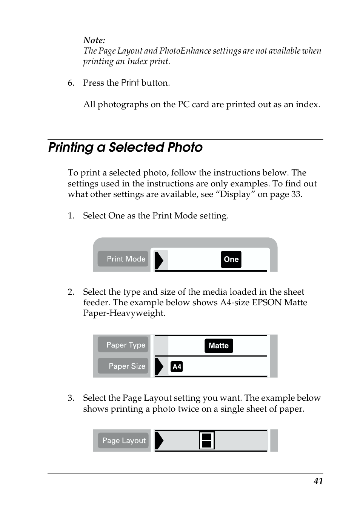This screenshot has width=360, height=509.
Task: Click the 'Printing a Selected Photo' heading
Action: coord(125,147)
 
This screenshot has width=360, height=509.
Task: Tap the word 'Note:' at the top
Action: coord(94,40)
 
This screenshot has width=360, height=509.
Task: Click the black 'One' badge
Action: coord(231,259)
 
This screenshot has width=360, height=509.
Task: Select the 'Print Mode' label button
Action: coord(123,259)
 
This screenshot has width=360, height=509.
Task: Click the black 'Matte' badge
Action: coord(218,346)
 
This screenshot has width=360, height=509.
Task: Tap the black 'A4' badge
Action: coord(177,367)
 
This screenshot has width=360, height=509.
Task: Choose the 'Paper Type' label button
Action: coord(123,345)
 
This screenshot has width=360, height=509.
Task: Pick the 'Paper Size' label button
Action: coord(123,366)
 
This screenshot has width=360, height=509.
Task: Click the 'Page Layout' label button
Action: coord(123,440)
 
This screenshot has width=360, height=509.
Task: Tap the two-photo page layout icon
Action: coord(207,440)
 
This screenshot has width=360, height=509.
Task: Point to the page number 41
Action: coord(318,481)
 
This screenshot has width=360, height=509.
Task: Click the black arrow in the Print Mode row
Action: coord(159,260)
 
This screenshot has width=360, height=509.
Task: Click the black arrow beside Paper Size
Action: coord(159,367)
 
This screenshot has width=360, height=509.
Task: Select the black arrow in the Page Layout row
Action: coord(159,441)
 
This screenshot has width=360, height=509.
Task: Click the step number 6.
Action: coord(71,83)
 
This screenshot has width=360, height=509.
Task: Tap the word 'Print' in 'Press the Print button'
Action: coord(130,83)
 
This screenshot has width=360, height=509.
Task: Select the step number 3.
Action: coord(71,398)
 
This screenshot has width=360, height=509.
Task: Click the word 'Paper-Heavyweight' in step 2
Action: coord(124,313)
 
